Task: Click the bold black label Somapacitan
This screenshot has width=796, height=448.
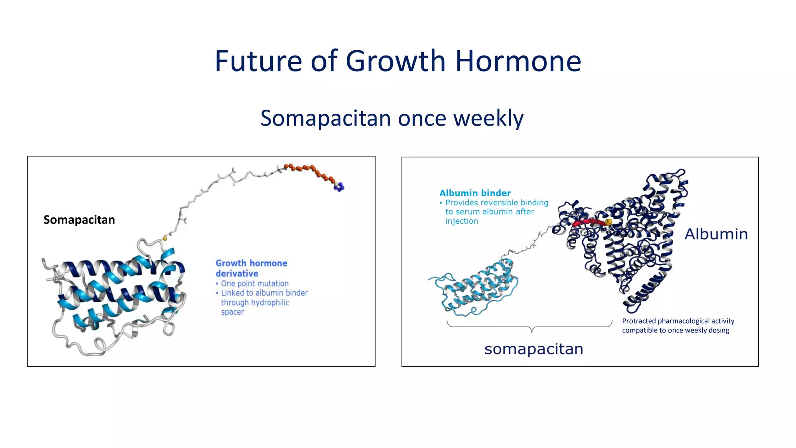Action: pos(79,220)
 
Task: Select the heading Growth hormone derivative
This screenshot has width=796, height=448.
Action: pos(251,268)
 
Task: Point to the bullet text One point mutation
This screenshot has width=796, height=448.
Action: pos(255,283)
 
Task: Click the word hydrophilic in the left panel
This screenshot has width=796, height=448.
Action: pos(269,303)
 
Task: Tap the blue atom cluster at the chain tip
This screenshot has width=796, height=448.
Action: pos(339,187)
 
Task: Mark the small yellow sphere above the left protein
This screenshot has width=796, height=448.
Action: pos(165,238)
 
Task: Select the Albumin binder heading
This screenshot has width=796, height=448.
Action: pos(475,193)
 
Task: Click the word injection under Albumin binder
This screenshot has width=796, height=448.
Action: pos(461,221)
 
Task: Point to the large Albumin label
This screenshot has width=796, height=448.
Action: pos(716,234)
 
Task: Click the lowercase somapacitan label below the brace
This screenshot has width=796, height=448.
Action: pos(533,349)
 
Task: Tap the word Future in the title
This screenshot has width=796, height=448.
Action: pos(258,61)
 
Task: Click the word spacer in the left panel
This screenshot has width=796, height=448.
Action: pos(232,312)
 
